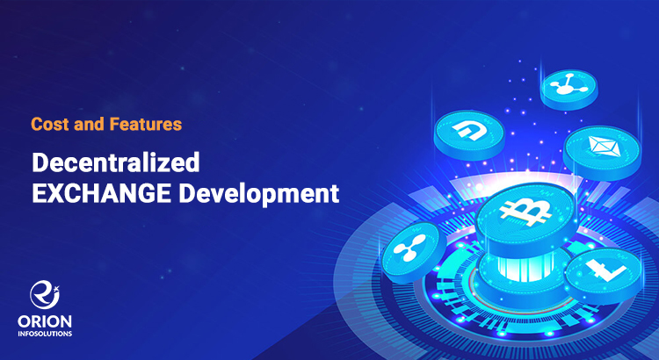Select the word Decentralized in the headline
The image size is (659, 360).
tap(116, 163)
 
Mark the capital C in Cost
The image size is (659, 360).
tap(36, 124)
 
